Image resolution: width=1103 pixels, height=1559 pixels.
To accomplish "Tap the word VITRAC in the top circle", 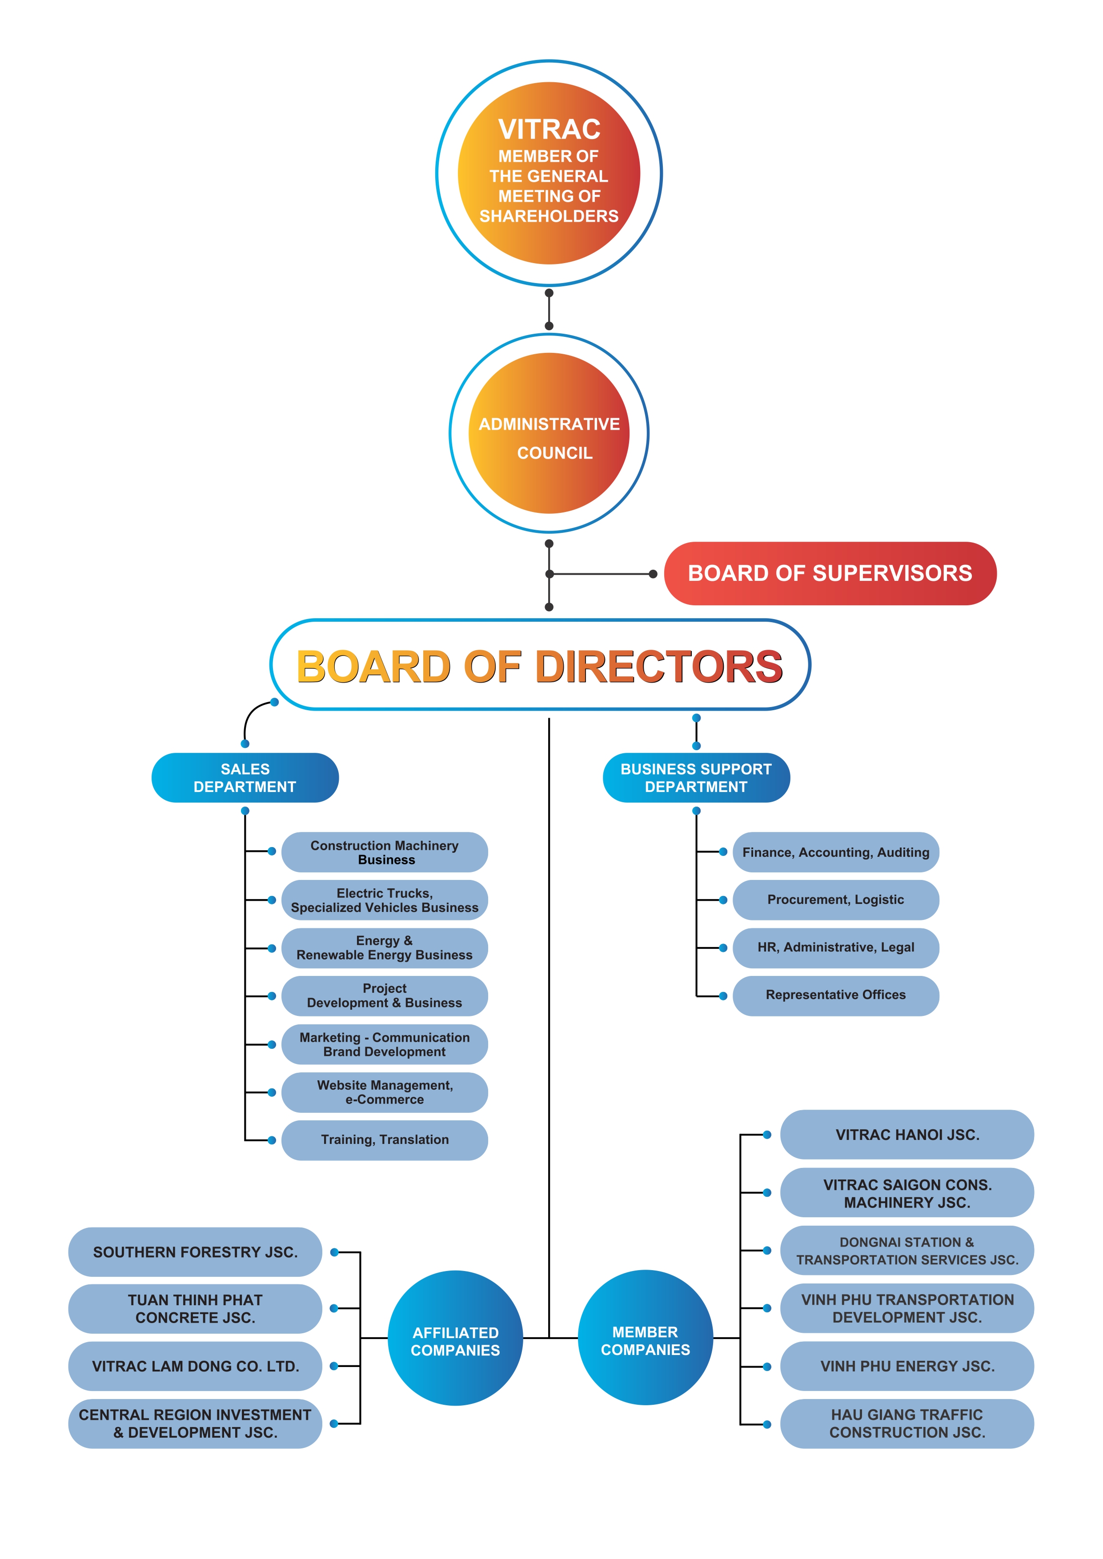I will coord(549,129).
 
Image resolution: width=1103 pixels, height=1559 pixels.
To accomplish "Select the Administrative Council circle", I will coord(549,433).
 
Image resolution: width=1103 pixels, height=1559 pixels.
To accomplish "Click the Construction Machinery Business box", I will coord(385,852).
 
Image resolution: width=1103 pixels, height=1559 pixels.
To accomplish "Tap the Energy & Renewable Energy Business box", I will coord(385,948).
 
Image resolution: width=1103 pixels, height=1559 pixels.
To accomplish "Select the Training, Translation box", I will coord(385,1140).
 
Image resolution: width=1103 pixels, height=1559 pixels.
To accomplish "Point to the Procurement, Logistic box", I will coord(835,899).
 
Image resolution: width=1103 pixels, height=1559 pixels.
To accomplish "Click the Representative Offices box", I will coord(835,995).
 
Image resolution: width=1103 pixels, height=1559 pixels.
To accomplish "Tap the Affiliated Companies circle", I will coord(455,1341).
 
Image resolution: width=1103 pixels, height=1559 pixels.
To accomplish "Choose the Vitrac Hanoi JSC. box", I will coord(906,1135).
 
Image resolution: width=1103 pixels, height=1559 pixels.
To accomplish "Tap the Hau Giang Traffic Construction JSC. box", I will coord(906,1424).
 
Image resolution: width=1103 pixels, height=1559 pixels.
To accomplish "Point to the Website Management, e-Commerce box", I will coord(385,1092).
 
